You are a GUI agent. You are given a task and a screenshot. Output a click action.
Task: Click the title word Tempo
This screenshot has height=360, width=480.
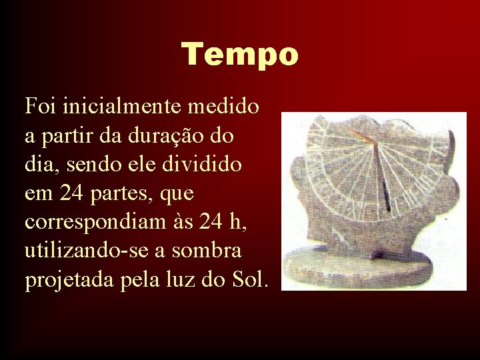click(240, 54)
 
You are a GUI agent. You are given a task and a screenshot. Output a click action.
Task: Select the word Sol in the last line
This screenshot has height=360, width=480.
click(248, 281)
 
